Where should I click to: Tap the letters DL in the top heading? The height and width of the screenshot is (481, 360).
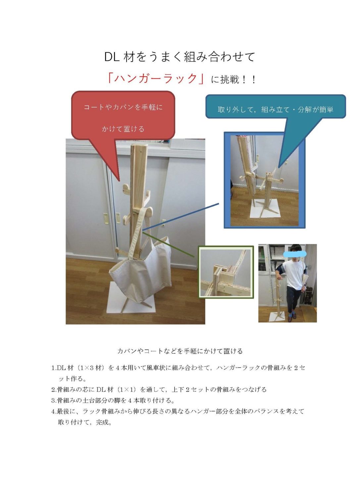pyautogui.click(x=112, y=57)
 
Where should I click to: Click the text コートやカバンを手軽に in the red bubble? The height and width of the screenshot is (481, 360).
pyautogui.click(x=123, y=107)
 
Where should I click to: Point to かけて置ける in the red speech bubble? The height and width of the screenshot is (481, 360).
pyautogui.click(x=123, y=129)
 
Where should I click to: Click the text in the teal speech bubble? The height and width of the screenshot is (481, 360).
pyautogui.click(x=276, y=109)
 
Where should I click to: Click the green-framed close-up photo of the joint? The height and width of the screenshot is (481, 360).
pyautogui.click(x=226, y=272)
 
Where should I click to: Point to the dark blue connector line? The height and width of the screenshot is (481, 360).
pyautogui.click(x=180, y=217)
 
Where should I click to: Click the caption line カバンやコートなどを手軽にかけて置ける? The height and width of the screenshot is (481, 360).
pyautogui.click(x=180, y=351)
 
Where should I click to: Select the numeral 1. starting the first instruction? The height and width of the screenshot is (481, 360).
pyautogui.click(x=54, y=368)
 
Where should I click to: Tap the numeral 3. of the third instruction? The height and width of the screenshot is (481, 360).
pyautogui.click(x=54, y=400)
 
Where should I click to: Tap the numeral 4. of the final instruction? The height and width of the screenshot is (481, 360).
pyautogui.click(x=54, y=411)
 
